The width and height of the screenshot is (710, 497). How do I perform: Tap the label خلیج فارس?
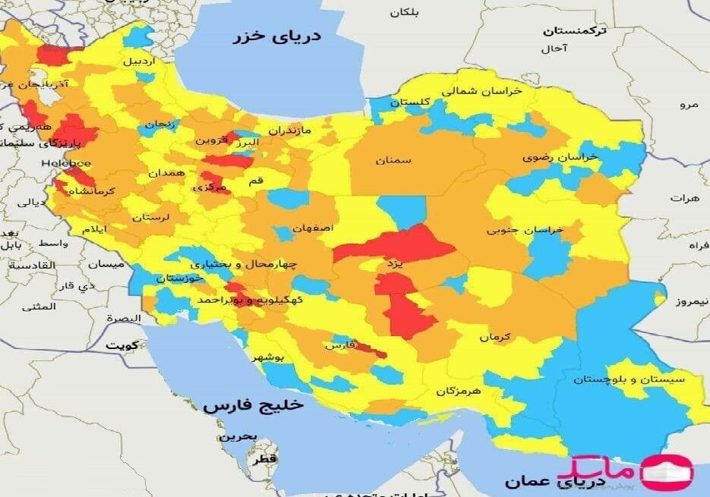tap(253, 404)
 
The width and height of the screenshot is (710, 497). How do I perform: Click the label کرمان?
tap(495, 336)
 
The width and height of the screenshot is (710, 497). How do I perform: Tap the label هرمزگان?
tap(459, 391)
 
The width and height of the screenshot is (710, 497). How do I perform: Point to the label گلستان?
tap(412, 102)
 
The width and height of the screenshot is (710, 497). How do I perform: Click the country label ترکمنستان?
tap(575, 31)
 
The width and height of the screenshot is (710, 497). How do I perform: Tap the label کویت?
tap(122, 344)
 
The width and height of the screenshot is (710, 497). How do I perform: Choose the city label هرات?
tap(684, 197)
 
